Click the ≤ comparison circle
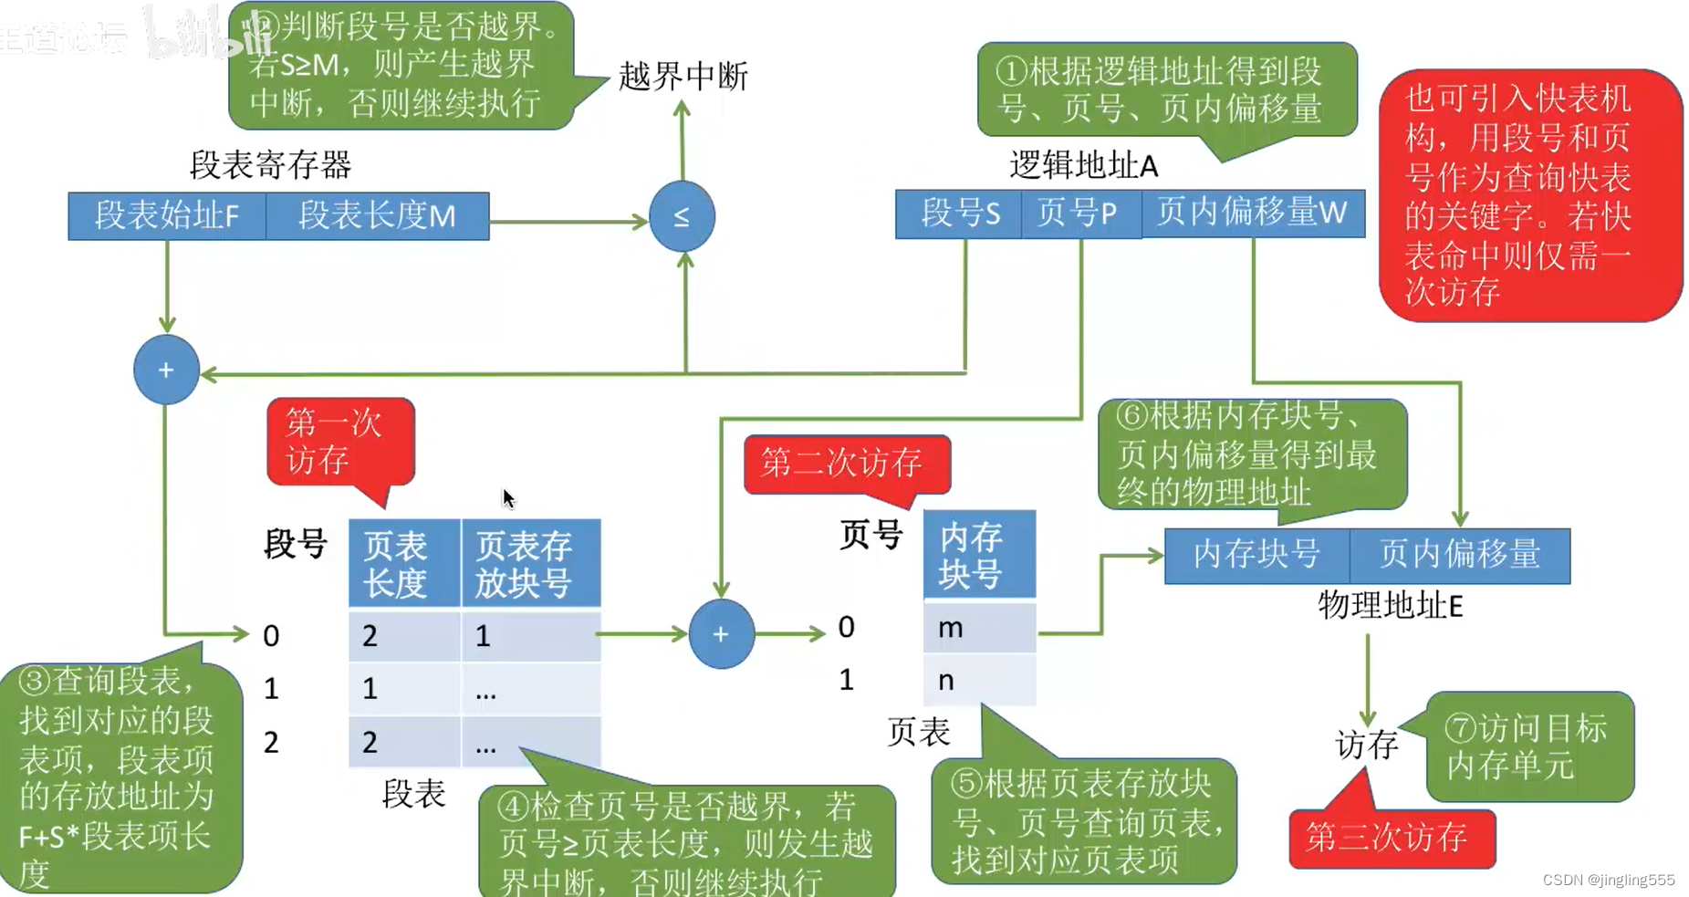pyautogui.click(x=682, y=217)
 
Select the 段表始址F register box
pyautogui.click(x=167, y=216)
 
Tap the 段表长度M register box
pyautogui.click(x=377, y=216)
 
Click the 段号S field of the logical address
pyautogui.click(x=959, y=214)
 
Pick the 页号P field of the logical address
pyautogui.click(x=1080, y=214)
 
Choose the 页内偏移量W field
pyautogui.click(x=1252, y=214)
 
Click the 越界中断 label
pyautogui.click(x=683, y=76)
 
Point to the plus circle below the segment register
pyautogui.click(x=166, y=370)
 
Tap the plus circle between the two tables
pyautogui.click(x=721, y=634)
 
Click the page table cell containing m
pyautogui.click(x=979, y=627)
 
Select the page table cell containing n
pyautogui.click(x=979, y=680)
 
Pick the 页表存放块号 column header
pyautogui.click(x=530, y=563)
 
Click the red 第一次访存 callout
pyautogui.click(x=339, y=442)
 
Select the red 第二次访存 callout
pyautogui.click(x=846, y=464)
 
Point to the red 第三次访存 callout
pyautogui.click(x=1391, y=837)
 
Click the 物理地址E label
pyautogui.click(x=1390, y=606)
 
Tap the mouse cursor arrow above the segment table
pyautogui.click(x=508, y=498)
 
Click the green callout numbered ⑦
pyautogui.click(x=1528, y=746)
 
